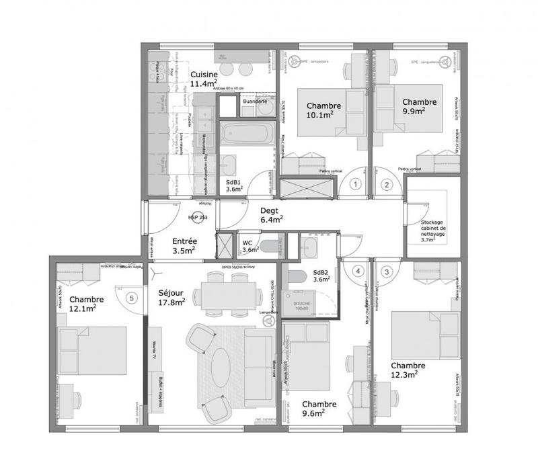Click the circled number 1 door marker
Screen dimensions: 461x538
[x=357, y=183]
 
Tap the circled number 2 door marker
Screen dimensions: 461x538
[x=387, y=183]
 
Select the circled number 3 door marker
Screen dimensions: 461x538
[x=387, y=271]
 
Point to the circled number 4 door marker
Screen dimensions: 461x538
[x=358, y=271]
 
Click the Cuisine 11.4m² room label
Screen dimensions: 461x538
[x=204, y=79]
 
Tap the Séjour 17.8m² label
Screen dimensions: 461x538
[x=172, y=298]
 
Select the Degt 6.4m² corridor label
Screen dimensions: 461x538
[x=271, y=214]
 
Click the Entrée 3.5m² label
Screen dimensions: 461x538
[x=184, y=245]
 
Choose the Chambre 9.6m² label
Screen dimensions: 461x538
[x=319, y=409]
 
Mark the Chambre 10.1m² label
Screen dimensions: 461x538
[x=323, y=110]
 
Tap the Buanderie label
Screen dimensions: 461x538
[x=255, y=101]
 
